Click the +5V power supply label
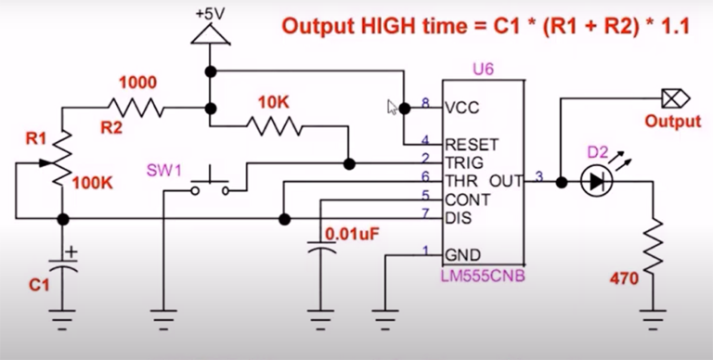211,14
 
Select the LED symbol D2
592,182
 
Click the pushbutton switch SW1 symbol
212,182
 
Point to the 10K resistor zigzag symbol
276,126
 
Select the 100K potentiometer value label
91,184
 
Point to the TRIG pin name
464,161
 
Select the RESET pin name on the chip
473,144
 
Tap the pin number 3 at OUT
541,177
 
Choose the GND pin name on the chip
462,253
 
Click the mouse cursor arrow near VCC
393,107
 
